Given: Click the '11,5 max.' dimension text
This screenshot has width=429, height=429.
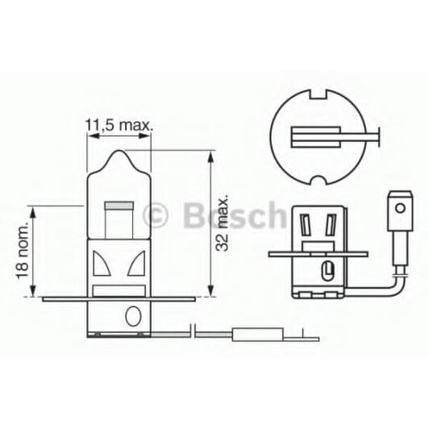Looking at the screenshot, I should point(119,126).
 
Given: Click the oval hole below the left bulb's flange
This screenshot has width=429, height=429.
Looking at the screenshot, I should point(132,313).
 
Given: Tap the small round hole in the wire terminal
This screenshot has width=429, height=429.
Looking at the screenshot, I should point(398,206).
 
